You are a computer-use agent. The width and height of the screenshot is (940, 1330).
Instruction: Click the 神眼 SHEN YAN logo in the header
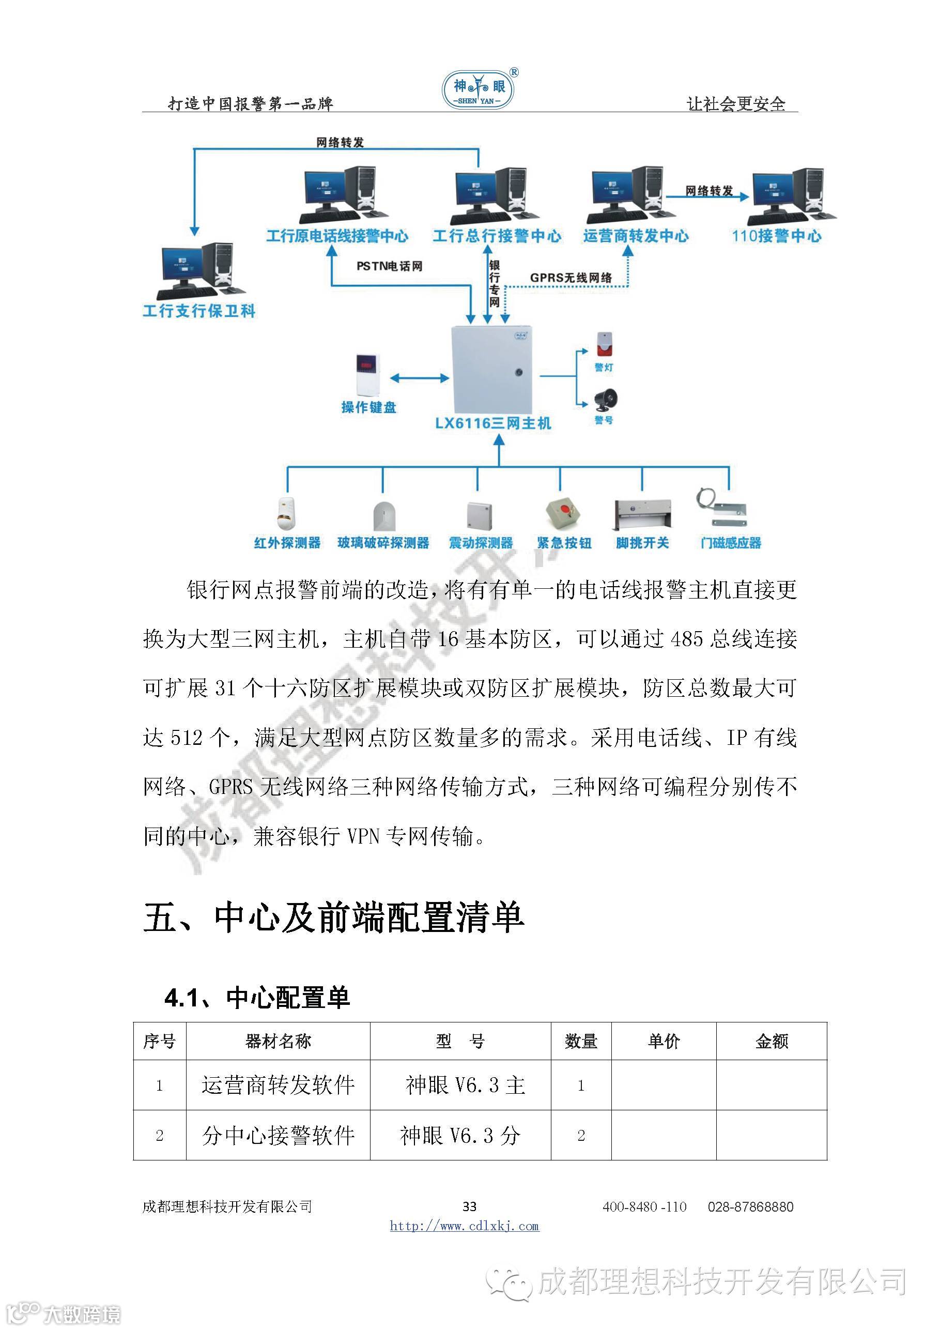pos(479,88)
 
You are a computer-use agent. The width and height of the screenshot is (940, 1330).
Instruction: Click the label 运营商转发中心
pos(635,236)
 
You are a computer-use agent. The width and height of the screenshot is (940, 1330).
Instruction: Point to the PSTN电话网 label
pos(389,266)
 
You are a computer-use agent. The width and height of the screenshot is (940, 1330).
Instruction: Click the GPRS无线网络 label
pos(571,278)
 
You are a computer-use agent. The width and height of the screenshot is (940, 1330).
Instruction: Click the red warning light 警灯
pos(604,344)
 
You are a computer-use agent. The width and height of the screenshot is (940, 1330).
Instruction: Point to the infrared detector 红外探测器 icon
pos(286,513)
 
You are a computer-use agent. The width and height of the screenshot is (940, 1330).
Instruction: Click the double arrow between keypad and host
pos(419,378)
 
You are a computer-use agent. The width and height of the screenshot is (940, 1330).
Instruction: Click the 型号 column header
pos(460,1041)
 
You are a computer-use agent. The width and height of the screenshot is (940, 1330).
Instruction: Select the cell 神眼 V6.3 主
pos(465,1085)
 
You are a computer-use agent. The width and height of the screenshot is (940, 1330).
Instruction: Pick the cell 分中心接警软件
pos(278,1135)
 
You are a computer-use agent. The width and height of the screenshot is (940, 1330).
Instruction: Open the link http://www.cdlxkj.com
pos(464,1226)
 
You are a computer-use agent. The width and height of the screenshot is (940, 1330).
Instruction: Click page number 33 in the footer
pos(469,1206)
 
